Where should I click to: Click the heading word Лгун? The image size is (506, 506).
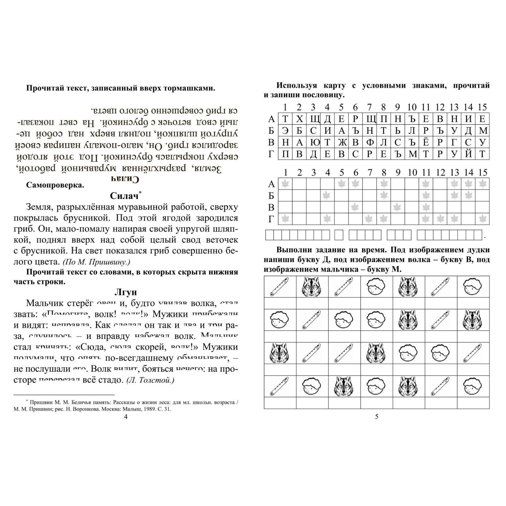coord(126,292)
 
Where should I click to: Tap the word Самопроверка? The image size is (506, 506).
coord(55,185)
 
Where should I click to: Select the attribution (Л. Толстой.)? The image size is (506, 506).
coord(150,380)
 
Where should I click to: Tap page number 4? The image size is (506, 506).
coord(126,417)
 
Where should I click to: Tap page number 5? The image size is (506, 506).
coord(376,417)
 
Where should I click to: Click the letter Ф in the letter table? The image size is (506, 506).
coord(370,142)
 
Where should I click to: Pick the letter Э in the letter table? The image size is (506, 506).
coord(285,131)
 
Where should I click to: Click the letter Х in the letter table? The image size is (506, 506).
coord(299,119)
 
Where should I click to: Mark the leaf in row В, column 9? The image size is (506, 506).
coord(398,207)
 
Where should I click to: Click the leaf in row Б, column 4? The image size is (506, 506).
coord(327,196)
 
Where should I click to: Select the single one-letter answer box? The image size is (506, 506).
coord(339,235)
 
